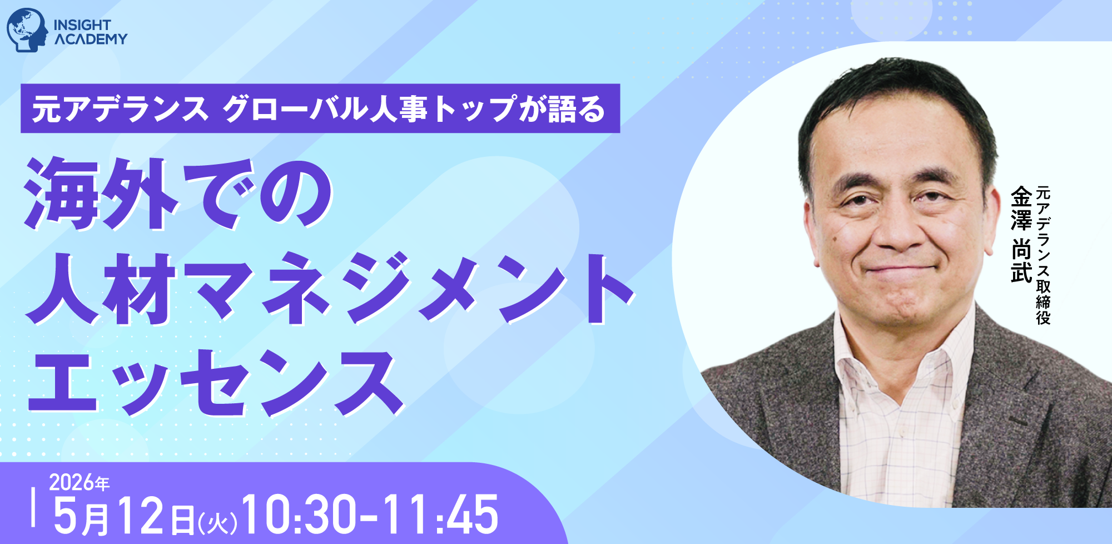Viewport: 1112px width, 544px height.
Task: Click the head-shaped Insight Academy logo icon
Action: (27, 30)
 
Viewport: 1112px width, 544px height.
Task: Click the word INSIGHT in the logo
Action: (82, 25)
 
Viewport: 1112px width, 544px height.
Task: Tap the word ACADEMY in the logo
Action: (91, 39)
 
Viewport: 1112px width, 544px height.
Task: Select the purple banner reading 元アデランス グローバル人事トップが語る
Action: (320, 108)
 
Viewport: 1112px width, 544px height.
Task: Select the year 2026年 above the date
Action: (79, 482)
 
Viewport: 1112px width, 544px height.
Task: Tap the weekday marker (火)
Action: (217, 522)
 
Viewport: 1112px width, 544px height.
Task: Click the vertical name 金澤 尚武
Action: (1021, 234)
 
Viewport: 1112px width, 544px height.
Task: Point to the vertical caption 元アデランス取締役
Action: (1043, 255)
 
